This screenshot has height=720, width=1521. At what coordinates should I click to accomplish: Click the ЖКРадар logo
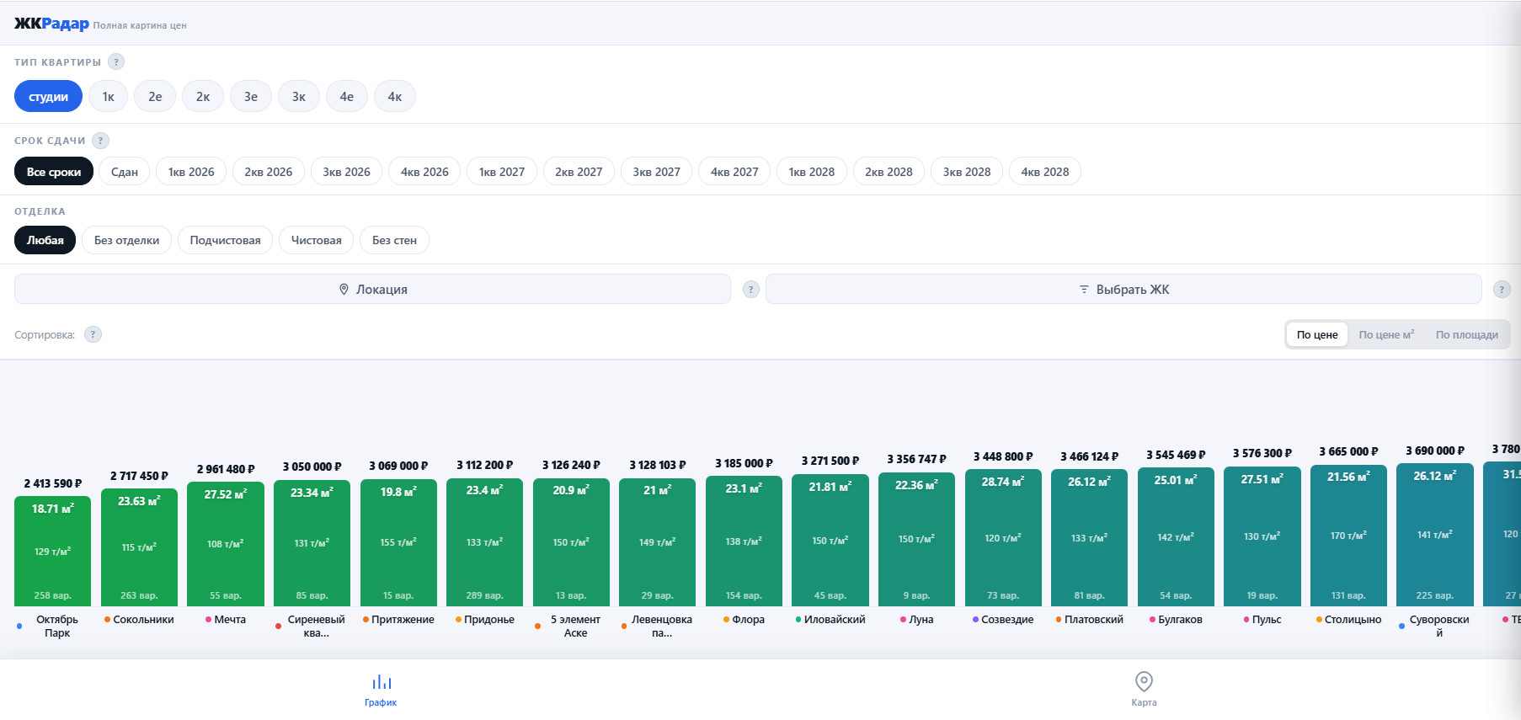51,24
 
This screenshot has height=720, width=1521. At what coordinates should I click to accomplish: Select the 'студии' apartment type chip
48,96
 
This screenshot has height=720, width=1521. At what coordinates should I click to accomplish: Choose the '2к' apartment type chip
203,96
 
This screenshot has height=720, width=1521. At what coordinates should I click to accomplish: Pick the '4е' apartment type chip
347,96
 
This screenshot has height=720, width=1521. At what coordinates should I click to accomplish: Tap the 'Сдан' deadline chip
125,172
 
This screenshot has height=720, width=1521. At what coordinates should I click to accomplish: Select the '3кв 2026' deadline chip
347,172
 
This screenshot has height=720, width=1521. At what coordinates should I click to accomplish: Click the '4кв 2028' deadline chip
1045,172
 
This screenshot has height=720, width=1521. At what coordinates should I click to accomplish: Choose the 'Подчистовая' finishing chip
225,240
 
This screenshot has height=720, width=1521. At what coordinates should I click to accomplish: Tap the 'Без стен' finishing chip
394,240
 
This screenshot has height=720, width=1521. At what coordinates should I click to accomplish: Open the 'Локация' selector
372,289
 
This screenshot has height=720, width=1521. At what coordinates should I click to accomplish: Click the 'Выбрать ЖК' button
1123,289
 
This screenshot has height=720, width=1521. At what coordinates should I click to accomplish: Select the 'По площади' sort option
1467,334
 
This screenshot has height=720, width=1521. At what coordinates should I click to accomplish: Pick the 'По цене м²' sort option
1387,334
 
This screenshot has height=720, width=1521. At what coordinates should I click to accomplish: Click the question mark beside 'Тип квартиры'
117,61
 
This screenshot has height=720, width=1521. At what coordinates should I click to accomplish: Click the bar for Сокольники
139,547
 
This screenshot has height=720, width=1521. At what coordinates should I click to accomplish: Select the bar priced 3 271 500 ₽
830,541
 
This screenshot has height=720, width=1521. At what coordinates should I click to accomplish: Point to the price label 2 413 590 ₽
53,483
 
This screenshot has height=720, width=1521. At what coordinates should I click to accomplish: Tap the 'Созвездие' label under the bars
1007,619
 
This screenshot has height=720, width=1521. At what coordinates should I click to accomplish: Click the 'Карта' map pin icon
1144,681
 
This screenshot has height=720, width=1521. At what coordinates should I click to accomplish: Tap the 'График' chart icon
382,681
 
